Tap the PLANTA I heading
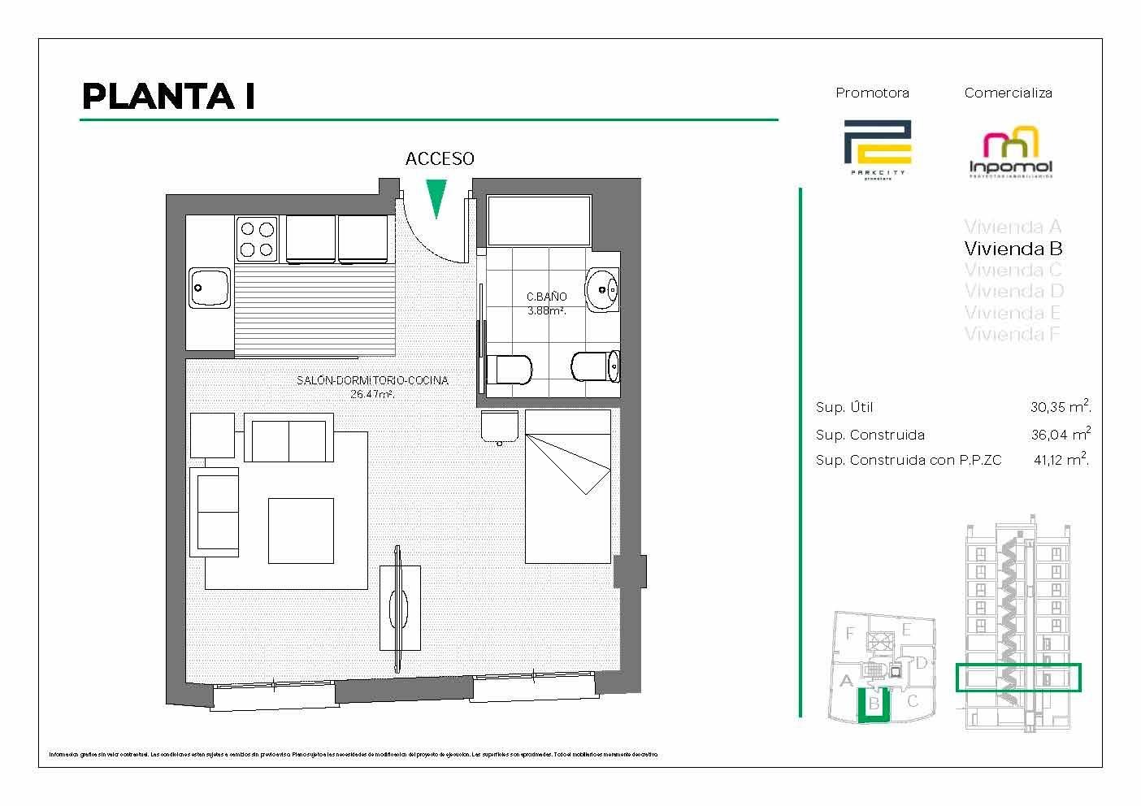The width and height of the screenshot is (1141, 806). (169, 97)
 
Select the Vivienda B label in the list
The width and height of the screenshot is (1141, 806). (1013, 248)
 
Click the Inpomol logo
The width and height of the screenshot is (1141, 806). (1011, 154)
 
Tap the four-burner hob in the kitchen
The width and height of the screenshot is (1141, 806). (257, 239)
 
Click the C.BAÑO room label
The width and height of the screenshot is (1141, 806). (546, 297)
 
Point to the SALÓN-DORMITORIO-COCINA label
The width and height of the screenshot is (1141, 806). (372, 380)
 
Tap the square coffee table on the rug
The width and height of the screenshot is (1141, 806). (301, 531)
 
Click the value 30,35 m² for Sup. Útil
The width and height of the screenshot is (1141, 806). (1060, 407)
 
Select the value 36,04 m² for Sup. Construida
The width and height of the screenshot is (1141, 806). (1060, 434)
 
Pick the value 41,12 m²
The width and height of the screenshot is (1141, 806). (1060, 460)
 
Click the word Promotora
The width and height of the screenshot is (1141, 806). (872, 93)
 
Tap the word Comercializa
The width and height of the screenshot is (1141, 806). (1008, 93)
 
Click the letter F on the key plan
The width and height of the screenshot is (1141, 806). (850, 633)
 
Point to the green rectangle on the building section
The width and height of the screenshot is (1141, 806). (1017, 677)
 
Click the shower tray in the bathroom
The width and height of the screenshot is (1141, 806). (538, 219)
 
